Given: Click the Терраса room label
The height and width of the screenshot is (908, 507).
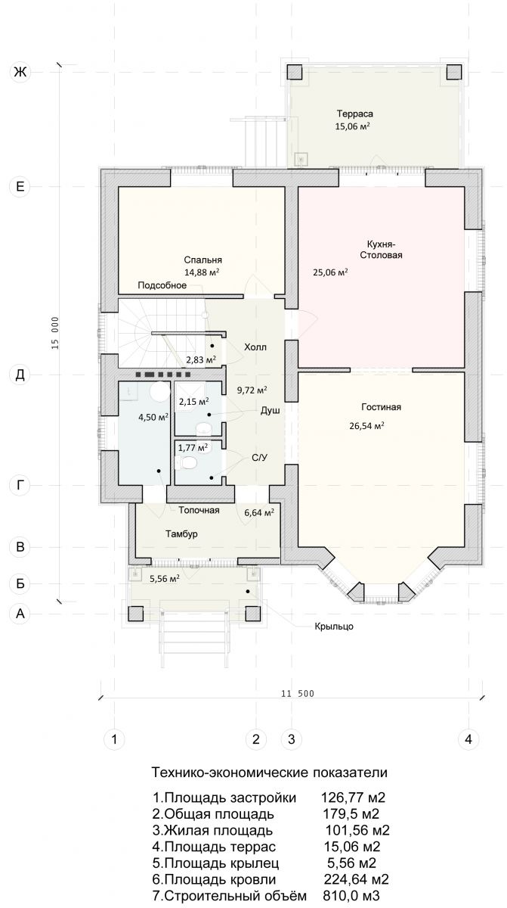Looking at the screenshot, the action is click(x=355, y=114).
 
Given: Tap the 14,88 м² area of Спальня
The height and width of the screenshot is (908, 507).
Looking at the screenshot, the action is click(x=202, y=272).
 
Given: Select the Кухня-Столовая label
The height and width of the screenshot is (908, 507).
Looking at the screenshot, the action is click(x=381, y=250).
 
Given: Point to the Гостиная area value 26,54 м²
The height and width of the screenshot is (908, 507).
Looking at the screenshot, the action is click(x=366, y=426).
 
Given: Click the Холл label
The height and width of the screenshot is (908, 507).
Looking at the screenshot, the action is click(x=255, y=347).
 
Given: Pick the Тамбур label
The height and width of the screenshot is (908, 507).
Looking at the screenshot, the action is click(x=181, y=534).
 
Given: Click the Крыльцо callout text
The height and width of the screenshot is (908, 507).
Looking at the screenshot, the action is click(x=334, y=627).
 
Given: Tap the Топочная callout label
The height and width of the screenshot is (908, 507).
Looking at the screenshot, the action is click(x=199, y=510).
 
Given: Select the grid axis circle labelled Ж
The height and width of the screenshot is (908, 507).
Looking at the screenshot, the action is click(x=20, y=72).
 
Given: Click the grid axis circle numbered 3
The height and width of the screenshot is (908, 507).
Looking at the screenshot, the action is click(x=292, y=739).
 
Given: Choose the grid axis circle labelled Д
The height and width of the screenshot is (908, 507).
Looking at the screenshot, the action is click(x=20, y=375).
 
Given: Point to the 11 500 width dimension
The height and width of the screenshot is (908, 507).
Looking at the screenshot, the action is click(x=298, y=694).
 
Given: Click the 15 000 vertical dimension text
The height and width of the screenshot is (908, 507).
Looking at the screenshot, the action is click(x=55, y=333).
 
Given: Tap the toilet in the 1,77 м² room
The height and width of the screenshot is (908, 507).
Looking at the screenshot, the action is click(x=186, y=462).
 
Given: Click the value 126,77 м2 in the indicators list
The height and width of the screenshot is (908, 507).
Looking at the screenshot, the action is click(x=354, y=798).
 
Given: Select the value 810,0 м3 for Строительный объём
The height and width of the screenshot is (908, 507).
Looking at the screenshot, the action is click(x=351, y=894).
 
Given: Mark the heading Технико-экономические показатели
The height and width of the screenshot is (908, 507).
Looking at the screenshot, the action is click(x=270, y=773).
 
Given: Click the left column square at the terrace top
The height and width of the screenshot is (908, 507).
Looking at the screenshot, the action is click(x=295, y=72).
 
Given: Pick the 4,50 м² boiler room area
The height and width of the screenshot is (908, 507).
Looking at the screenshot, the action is click(x=153, y=417).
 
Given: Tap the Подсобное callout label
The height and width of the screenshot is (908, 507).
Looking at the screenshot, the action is click(x=162, y=285).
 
